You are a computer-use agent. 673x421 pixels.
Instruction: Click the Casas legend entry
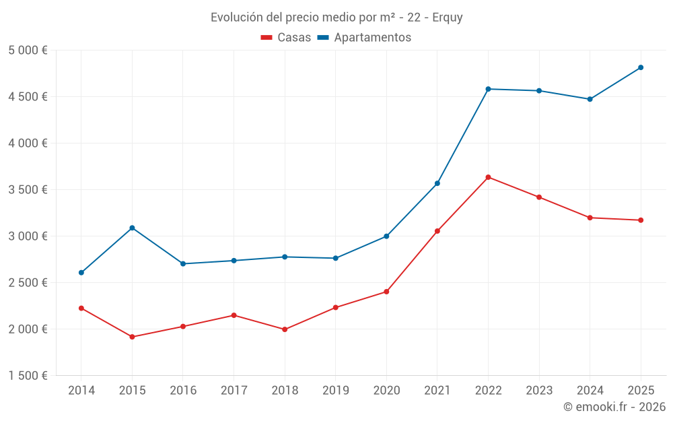tap(286, 38)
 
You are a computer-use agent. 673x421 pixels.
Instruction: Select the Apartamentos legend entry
tap(364, 38)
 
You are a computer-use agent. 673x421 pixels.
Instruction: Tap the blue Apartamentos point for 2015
tap(132, 228)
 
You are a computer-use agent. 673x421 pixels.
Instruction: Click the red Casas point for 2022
tap(488, 177)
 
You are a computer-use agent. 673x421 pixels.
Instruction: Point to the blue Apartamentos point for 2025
tap(641, 67)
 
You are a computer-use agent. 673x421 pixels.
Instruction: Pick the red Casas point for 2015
tap(132, 337)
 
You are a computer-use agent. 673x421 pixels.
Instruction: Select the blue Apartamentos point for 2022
tap(488, 89)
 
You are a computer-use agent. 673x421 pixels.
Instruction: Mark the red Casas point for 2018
tap(285, 329)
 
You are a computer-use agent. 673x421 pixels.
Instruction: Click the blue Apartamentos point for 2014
tap(81, 273)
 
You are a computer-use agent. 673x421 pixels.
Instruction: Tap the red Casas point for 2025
tap(641, 220)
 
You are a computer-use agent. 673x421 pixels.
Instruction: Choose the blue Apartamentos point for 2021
tap(437, 183)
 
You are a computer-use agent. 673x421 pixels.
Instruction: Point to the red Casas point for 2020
tap(386, 292)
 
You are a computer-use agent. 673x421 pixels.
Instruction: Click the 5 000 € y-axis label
tap(28, 51)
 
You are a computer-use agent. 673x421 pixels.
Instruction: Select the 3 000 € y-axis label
tap(28, 236)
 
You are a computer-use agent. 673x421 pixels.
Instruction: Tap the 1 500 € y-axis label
tap(28, 376)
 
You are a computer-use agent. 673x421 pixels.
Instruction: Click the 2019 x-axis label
tap(335, 391)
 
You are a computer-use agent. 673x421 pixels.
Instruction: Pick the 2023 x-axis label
tap(539, 391)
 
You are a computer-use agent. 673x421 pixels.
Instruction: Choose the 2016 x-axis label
tap(183, 391)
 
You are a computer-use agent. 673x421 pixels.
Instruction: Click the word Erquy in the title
tap(448, 18)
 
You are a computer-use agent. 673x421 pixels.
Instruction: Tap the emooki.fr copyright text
tap(614, 407)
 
